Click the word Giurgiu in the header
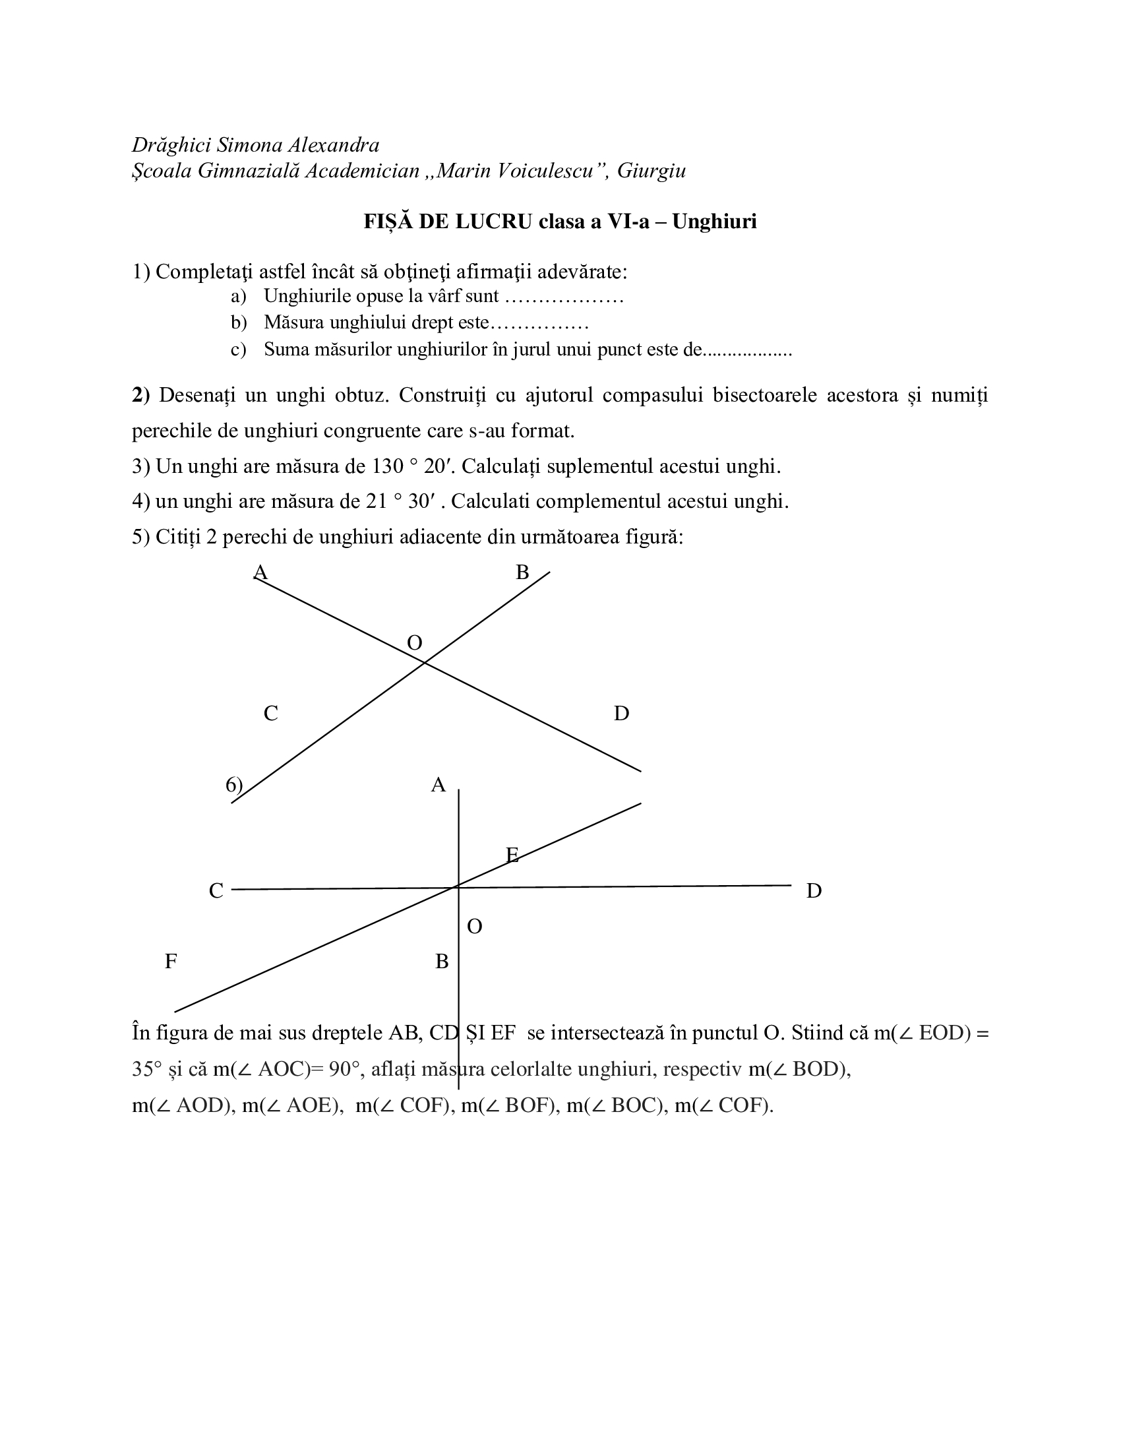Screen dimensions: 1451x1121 point(651,171)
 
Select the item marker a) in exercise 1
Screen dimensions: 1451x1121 point(239,296)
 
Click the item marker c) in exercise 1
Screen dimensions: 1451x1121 point(239,350)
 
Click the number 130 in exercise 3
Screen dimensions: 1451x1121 point(387,466)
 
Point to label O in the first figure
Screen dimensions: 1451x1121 point(414,642)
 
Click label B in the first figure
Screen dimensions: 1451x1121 point(522,572)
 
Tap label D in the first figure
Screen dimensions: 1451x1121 point(621,714)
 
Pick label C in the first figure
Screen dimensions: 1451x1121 point(270,714)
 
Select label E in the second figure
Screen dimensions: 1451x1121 point(512,855)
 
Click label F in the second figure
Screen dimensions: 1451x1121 point(171,962)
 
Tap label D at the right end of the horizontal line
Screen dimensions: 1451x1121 point(814,891)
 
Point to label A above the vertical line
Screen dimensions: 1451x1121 point(438,786)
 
